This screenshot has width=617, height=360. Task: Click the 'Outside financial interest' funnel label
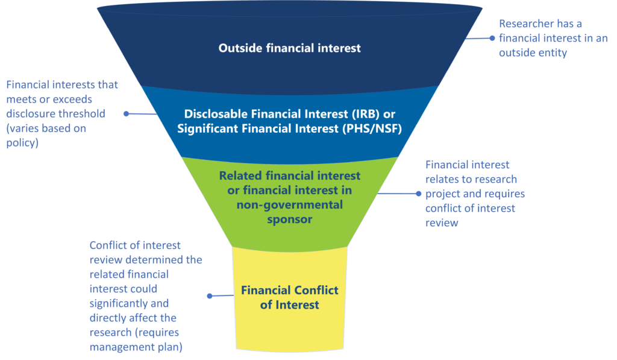click(x=290, y=48)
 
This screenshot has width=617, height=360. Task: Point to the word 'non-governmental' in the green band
click(x=290, y=205)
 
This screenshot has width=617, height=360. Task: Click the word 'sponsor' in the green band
click(x=290, y=219)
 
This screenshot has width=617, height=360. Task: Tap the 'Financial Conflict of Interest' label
click(x=290, y=297)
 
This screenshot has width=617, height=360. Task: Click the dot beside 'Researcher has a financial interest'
click(x=492, y=38)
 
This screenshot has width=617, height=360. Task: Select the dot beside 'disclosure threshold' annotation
click(x=127, y=113)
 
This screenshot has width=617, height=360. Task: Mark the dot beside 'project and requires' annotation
click(x=419, y=194)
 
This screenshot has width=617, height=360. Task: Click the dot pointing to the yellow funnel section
click(x=210, y=296)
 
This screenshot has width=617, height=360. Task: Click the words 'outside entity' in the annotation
click(x=533, y=53)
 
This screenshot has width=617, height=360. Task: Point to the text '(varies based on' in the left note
click(x=46, y=128)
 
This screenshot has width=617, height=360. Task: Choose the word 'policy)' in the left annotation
click(x=22, y=142)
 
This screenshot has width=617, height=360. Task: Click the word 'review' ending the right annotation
click(x=442, y=223)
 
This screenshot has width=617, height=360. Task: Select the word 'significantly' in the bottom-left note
click(x=129, y=304)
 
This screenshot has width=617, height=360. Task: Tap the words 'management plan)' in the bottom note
click(x=136, y=347)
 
